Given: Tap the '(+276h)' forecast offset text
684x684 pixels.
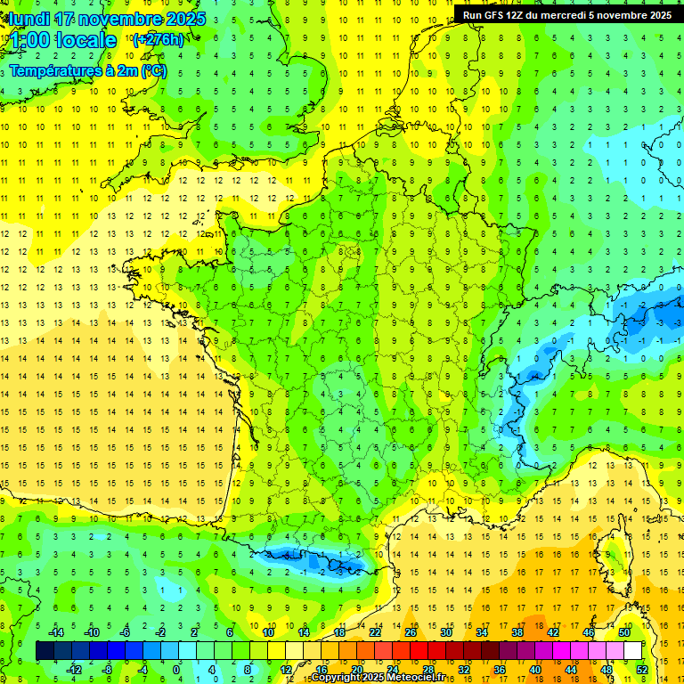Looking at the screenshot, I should tap(158, 39).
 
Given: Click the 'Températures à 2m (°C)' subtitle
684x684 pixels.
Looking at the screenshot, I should tap(88, 70).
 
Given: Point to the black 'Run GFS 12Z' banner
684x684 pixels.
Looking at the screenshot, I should tap(567, 15).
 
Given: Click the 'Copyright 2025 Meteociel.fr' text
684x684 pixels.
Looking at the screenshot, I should tap(378, 678).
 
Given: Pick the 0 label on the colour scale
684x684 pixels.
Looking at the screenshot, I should tap(175, 670).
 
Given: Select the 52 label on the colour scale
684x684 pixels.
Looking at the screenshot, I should tap(642, 670).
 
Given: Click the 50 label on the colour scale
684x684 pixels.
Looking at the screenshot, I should tap(624, 632).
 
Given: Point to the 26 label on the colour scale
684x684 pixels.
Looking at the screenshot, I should tap(411, 632).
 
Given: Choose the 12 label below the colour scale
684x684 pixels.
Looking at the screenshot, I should tap(286, 670).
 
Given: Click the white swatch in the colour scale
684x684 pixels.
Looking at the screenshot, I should tap(633, 651).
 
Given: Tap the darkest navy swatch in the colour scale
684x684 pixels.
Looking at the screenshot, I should tap(45, 651).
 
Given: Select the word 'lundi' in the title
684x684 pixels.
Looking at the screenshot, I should tap(28, 19).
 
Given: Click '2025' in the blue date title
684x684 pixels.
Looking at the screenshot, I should tap(183, 19).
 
